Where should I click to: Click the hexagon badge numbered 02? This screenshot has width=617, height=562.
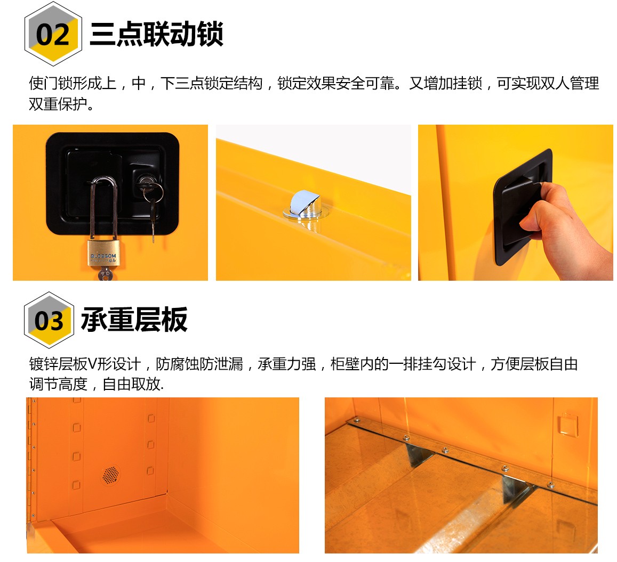[53, 34]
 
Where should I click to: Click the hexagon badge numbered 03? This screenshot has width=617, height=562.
[49, 320]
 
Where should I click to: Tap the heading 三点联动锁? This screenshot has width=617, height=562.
[157, 34]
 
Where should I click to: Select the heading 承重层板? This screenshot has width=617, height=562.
[134, 320]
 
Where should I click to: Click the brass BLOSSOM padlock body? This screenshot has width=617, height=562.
[103, 254]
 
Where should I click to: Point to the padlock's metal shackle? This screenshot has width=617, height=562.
[104, 208]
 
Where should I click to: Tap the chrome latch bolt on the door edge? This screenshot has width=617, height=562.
[306, 205]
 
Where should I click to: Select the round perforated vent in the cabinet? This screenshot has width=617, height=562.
[110, 475]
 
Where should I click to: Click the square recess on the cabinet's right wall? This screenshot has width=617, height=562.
[568, 424]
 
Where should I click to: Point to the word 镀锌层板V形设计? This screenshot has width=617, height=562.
[85, 364]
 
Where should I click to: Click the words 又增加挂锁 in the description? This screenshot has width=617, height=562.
[445, 83]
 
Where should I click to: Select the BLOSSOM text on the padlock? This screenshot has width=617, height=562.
[103, 256]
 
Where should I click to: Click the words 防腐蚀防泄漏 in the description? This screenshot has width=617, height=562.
[199, 364]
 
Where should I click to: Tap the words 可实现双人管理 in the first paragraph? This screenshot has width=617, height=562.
[548, 83]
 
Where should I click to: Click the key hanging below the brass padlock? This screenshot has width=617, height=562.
[105, 273]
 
